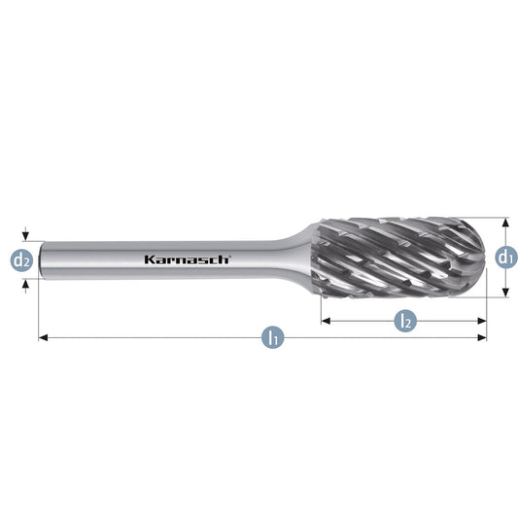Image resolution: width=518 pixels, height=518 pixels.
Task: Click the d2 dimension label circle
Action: click(21, 260)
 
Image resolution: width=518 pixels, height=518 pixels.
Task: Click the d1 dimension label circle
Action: click(506, 257)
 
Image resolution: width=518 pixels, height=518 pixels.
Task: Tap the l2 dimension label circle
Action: click(406, 321)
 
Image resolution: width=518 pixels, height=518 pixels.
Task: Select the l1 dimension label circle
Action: click(272, 337)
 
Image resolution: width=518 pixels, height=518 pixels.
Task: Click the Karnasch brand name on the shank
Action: click(187, 259)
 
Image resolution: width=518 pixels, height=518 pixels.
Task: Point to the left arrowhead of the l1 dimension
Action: click(44, 337)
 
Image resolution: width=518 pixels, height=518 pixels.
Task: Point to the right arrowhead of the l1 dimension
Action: click(482, 337)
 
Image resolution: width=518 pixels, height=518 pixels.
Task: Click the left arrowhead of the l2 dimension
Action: click(326, 321)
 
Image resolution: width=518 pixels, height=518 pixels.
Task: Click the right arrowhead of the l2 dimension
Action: click(482, 321)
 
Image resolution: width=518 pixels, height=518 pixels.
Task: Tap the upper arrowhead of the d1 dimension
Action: click(505, 223)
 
